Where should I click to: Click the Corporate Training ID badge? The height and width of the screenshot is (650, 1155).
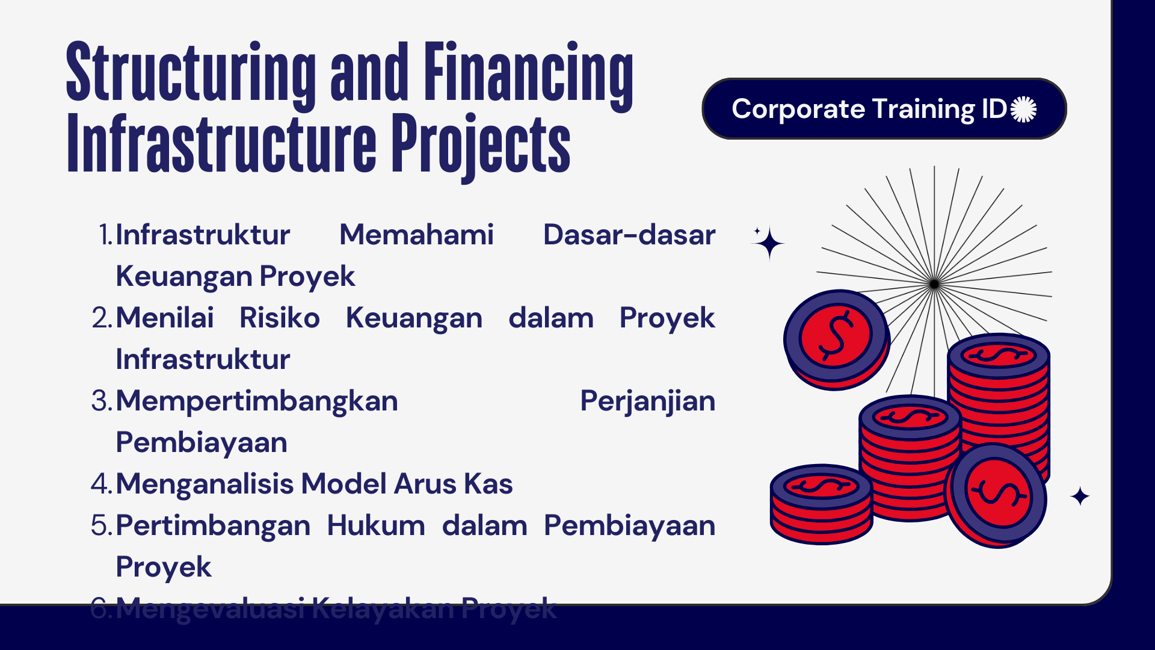[883, 109]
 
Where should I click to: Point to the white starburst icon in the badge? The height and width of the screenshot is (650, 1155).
[1023, 110]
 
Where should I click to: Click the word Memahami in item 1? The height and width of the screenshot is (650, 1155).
[416, 235]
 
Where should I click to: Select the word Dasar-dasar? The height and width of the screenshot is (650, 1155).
[629, 235]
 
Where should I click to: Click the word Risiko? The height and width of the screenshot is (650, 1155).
[280, 318]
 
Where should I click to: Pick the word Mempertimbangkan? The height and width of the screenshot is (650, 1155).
[257, 401]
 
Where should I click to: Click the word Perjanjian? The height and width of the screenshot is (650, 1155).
[647, 401]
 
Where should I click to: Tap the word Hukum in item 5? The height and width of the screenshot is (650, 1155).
[376, 525]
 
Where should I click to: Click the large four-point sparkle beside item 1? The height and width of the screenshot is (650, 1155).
[769, 244]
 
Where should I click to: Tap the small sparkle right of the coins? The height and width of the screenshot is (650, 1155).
[1080, 497]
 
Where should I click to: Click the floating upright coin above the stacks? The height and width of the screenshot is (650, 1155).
[836, 338]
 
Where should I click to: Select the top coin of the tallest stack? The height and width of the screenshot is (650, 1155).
[999, 355]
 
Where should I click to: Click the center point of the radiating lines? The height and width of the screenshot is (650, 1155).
[934, 284]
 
